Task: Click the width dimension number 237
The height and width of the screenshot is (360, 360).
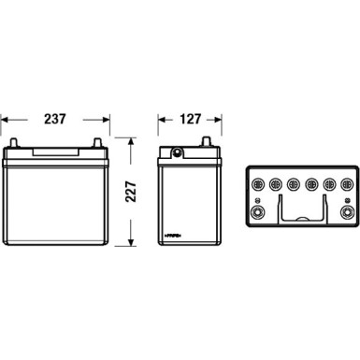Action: click(56, 120)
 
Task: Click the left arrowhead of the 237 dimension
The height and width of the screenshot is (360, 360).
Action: click(5, 120)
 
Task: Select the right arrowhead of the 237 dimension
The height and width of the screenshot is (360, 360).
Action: click(108, 120)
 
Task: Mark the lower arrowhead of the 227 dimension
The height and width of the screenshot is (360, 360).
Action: click(130, 250)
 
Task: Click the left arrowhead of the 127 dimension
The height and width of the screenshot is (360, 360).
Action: click(158, 120)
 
